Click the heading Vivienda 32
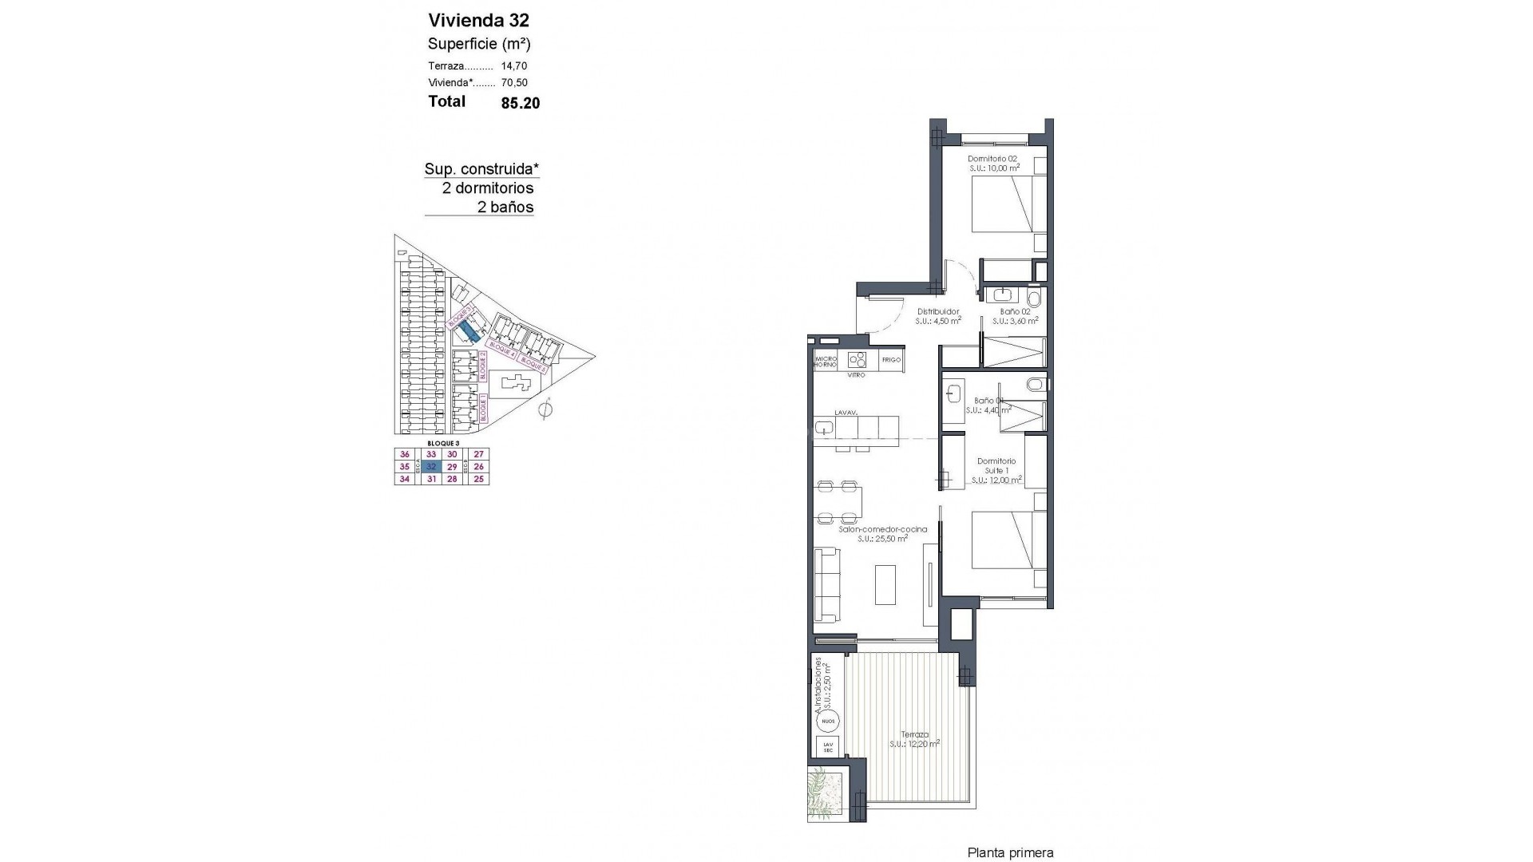[x=478, y=20]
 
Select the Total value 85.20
[x=521, y=103]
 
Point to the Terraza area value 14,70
[x=514, y=66]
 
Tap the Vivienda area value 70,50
[x=514, y=82]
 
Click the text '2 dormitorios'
[x=488, y=188]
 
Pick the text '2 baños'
[x=505, y=208]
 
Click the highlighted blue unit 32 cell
[x=431, y=466]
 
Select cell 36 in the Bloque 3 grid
[x=404, y=454]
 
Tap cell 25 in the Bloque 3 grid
[x=478, y=479]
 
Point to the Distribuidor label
[x=937, y=311]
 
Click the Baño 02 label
[x=1014, y=311]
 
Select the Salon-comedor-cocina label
[x=882, y=529]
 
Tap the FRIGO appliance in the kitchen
[x=891, y=360]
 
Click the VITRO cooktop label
[x=856, y=374]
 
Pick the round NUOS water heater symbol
[x=828, y=722]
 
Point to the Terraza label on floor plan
[x=914, y=734]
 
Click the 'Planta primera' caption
[x=1010, y=853]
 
